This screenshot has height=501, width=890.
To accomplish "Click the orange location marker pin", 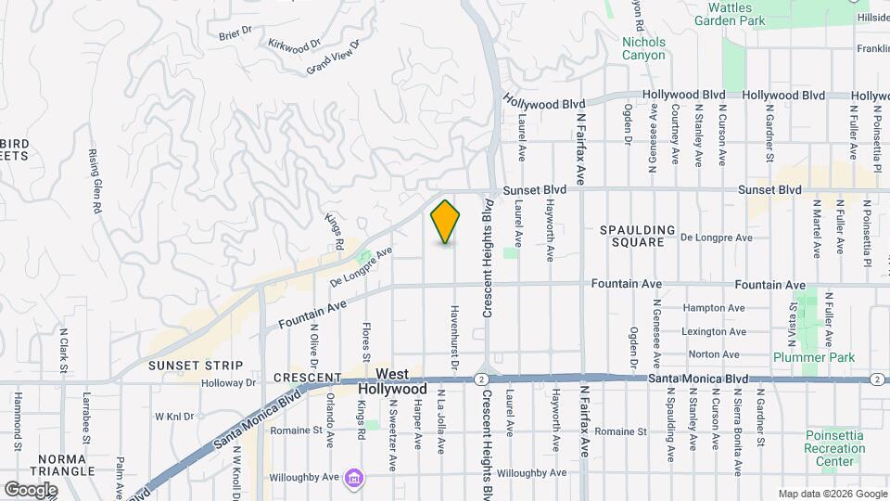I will pyautogui.click(x=445, y=222).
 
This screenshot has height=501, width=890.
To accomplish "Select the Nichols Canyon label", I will pyautogui.click(x=643, y=48).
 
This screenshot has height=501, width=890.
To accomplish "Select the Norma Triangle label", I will pyautogui.click(x=64, y=465).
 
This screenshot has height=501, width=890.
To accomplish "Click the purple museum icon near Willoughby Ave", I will pyautogui.click(x=353, y=478).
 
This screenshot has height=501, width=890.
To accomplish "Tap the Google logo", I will pyautogui.click(x=31, y=489).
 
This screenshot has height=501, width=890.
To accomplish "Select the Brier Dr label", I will pyautogui.click(x=235, y=33).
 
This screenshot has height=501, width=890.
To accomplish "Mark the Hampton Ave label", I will pyautogui.click(x=714, y=308).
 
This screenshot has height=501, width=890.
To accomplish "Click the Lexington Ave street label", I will pyautogui.click(x=714, y=331).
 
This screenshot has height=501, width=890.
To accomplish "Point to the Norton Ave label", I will pyautogui.click(x=714, y=353).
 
